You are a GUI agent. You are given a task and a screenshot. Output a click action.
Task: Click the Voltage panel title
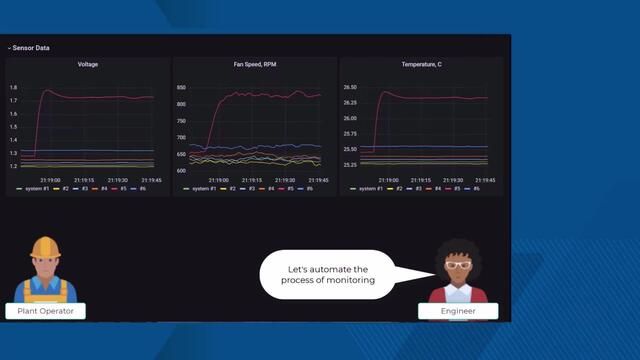click(x=88, y=65)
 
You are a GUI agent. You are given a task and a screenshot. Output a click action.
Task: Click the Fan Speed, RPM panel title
click(x=254, y=65)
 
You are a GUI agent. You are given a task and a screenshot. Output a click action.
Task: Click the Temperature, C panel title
click(x=421, y=65)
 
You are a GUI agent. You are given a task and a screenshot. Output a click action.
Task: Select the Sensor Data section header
click(x=29, y=48)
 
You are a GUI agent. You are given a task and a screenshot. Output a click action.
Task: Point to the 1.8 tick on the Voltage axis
click(x=14, y=88)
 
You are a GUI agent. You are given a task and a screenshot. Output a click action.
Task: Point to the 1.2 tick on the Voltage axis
click(x=14, y=166)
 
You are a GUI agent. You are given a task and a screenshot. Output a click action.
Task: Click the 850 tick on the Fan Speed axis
click(x=181, y=88)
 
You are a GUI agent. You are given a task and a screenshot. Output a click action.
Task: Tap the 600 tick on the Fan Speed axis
click(x=181, y=171)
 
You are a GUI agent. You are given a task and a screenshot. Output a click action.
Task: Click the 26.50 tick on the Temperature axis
click(x=350, y=88)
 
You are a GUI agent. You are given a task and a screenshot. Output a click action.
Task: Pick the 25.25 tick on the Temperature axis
click(x=350, y=165)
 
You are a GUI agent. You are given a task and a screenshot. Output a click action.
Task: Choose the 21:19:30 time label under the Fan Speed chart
click(x=285, y=180)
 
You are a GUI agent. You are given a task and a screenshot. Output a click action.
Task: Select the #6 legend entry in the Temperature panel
click(x=476, y=189)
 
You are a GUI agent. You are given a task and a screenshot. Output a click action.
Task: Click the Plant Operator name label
click(x=45, y=311)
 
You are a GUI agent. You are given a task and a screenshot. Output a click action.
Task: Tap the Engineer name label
click(x=459, y=311)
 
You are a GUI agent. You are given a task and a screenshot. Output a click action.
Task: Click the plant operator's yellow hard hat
click(x=44, y=248)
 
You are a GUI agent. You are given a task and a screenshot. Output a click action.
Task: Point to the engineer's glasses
click(x=458, y=264)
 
